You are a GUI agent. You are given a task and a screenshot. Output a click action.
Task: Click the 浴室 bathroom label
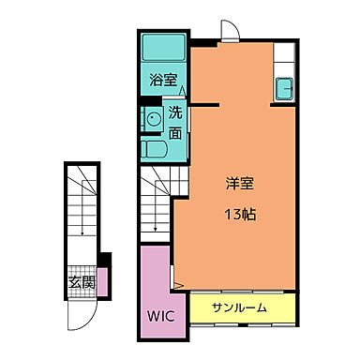[x=163, y=81]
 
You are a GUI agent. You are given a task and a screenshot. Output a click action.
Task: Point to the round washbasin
[x=153, y=119]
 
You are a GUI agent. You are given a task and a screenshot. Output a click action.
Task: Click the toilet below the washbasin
[x=153, y=149]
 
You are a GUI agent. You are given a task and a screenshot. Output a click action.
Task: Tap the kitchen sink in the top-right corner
[x=285, y=89]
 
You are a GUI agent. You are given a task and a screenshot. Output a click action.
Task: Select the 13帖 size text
[x=241, y=213]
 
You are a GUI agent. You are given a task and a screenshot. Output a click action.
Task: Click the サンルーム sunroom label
[x=238, y=307]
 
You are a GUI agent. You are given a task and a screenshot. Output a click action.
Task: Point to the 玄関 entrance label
[x=81, y=281]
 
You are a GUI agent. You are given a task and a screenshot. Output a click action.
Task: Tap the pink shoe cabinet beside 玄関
[x=102, y=279]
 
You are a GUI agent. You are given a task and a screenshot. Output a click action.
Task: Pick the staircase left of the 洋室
[x=155, y=206]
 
